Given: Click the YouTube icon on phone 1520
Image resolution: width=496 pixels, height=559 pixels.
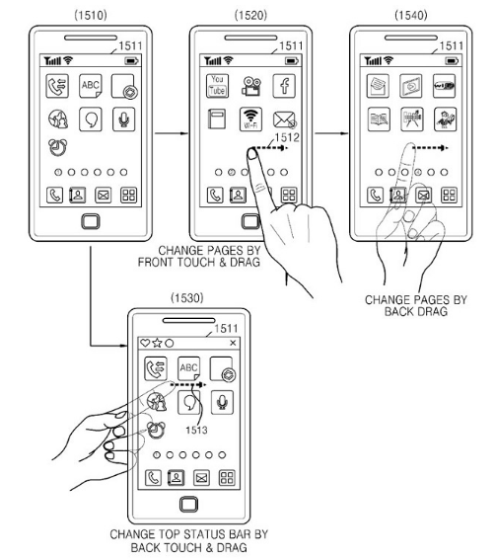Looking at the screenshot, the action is click(217, 86).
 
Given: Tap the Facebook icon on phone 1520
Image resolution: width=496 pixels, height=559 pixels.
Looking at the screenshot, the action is click(284, 86).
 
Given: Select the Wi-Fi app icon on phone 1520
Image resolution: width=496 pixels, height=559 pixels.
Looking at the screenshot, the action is click(250, 120).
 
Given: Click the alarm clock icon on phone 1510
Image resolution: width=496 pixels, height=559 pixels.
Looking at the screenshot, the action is click(57, 147).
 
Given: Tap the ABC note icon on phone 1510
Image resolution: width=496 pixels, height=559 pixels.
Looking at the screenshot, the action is click(91, 86).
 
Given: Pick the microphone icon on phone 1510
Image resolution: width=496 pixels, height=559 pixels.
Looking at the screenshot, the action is click(123, 120).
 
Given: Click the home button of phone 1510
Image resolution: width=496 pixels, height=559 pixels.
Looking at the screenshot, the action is click(91, 221).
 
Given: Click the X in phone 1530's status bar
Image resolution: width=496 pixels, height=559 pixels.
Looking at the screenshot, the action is click(233, 343).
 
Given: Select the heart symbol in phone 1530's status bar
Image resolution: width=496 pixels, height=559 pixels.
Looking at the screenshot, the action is click(145, 343).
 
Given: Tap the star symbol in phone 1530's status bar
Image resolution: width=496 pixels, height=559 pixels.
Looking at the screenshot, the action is click(157, 343).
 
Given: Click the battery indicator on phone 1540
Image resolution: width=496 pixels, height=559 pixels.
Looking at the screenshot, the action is click(452, 61).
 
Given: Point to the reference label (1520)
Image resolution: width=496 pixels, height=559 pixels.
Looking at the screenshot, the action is click(250, 15).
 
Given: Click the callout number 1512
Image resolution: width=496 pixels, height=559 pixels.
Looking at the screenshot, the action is click(287, 137).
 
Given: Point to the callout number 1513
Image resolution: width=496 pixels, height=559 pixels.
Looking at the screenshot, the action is click(196, 430).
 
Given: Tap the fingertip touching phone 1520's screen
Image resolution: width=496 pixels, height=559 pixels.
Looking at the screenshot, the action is click(252, 154).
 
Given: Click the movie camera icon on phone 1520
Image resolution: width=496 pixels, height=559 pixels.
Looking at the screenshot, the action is click(250, 86).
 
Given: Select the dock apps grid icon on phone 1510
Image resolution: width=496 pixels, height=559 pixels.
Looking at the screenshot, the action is click(128, 195).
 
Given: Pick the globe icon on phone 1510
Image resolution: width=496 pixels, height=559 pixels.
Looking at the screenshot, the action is click(58, 120).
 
